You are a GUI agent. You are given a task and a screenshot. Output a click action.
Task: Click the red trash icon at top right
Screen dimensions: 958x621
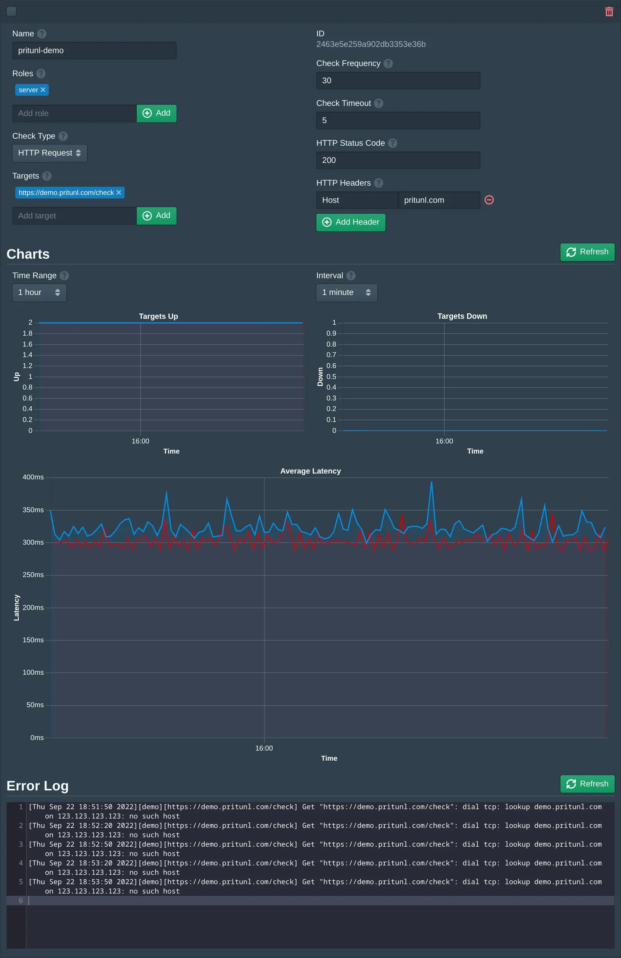[609, 12]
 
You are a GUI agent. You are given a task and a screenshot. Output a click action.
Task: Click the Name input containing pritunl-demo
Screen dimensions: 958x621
[94, 51]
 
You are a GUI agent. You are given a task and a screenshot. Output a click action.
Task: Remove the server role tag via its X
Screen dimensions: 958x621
[43, 90]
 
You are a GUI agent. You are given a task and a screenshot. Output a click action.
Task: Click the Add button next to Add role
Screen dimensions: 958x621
[157, 113]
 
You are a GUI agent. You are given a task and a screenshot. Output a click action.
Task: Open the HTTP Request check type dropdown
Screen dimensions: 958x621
[50, 153]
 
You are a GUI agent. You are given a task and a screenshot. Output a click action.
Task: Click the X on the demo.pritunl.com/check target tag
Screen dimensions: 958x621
[119, 192]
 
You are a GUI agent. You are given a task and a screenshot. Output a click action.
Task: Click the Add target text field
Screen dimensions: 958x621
[75, 216]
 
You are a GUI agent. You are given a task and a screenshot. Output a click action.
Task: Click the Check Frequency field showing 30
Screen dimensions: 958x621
[398, 80]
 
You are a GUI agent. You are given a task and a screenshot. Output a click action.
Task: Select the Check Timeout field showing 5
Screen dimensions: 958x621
[398, 120]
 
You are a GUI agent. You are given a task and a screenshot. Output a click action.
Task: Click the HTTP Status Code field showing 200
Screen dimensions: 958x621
[398, 160]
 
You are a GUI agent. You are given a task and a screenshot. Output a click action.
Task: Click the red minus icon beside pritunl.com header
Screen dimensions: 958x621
[489, 200]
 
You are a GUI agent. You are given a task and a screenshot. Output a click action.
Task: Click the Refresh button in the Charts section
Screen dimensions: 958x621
[587, 252]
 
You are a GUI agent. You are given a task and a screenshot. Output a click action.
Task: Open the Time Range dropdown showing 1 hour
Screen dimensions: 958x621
[39, 293]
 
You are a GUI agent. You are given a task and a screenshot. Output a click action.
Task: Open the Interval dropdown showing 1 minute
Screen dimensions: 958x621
[346, 293]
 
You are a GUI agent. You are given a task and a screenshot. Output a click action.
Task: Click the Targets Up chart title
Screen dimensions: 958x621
[158, 316]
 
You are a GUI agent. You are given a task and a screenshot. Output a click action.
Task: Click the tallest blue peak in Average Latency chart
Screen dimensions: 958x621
[432, 482]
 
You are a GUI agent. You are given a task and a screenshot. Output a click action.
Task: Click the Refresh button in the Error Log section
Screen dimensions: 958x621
[587, 784]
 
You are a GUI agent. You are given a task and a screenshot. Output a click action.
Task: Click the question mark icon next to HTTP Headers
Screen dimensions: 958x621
[378, 183]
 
